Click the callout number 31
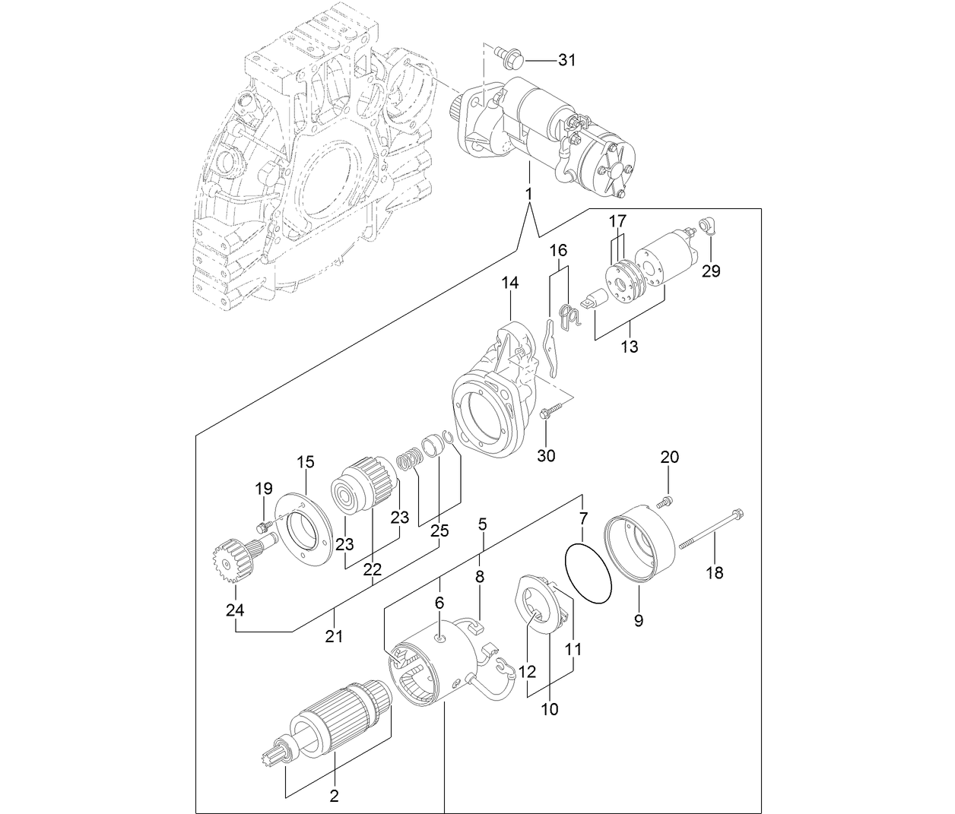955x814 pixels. (567, 61)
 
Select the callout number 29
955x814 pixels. (710, 271)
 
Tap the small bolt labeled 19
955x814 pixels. (262, 526)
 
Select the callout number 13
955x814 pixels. (629, 347)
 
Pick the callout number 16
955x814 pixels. (559, 250)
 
